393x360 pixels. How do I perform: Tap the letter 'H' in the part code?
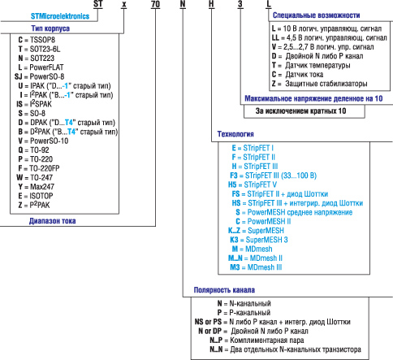point(211,7)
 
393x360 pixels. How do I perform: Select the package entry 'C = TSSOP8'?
point(37,38)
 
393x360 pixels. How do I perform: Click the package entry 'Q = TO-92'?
point(36,150)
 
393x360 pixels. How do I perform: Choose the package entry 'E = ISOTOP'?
point(38,197)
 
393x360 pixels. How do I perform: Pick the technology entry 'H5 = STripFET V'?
point(253,184)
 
